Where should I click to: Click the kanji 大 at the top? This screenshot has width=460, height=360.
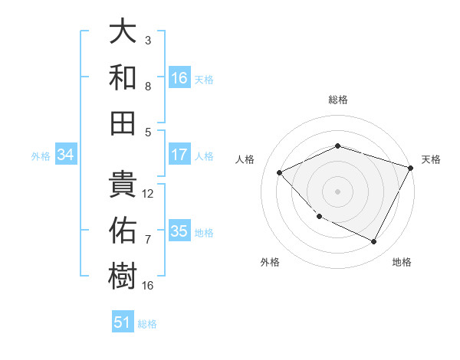click(123, 33)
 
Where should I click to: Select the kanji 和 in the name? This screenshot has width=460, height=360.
click(123, 77)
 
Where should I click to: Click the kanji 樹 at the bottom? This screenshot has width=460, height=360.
click(123, 274)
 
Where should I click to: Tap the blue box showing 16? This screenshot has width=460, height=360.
click(179, 77)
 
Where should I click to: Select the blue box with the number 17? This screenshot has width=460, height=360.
click(179, 155)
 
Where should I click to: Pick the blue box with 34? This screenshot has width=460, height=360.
click(65, 155)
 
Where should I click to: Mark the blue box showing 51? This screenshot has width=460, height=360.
click(122, 322)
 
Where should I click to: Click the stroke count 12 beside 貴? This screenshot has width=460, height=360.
click(149, 193)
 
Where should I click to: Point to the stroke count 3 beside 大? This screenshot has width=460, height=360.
click(148, 40)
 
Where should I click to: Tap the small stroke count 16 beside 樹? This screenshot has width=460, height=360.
click(148, 285)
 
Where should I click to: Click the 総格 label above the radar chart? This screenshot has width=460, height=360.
click(337, 100)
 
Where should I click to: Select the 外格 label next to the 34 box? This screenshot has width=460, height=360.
click(41, 156)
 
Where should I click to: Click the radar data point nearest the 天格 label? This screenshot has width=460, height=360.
click(412, 167)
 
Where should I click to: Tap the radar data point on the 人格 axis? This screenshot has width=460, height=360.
click(280, 173)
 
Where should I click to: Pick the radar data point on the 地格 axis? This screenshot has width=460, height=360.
click(374, 241)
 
